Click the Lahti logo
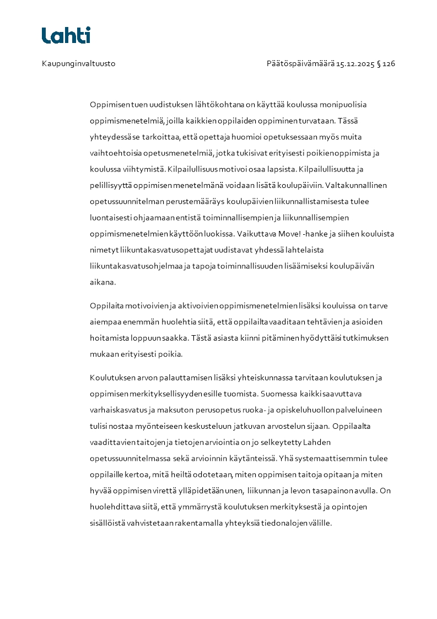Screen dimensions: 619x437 coord(66,35)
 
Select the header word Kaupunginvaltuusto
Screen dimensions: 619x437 coord(78,64)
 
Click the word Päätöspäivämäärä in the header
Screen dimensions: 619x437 coord(300,64)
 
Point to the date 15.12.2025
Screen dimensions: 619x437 coord(355,64)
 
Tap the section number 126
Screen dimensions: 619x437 coord(389,64)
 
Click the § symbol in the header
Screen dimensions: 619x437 coord(379,64)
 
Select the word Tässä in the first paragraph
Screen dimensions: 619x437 coord(347,121)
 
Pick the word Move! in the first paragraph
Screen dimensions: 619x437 coord(288,234)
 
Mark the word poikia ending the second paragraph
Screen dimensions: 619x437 coord(171,354)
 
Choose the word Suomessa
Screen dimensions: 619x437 coord(279,394)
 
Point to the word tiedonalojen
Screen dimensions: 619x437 coord(284,523)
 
